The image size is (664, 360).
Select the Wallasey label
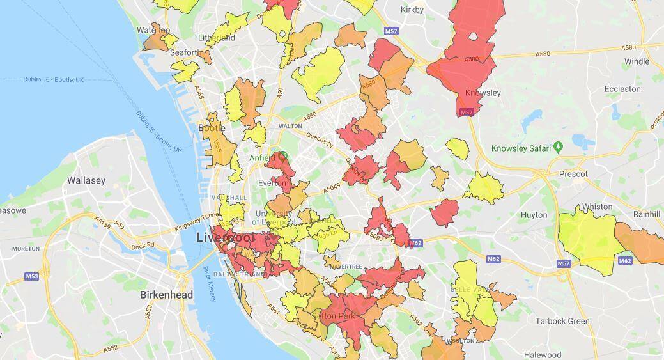point(86,180)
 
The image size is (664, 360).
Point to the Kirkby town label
point(412,10)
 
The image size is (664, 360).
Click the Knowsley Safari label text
point(520,148)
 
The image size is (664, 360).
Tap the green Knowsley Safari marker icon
point(558,148)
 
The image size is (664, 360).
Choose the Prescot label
point(572,174)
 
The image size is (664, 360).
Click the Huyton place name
point(534,215)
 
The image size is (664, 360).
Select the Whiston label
point(597,207)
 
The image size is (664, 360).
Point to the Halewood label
point(542,355)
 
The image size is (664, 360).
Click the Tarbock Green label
point(562,321)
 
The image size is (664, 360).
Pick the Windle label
point(637,61)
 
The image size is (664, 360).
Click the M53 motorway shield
point(32,276)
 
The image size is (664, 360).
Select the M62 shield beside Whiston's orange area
point(625,261)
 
